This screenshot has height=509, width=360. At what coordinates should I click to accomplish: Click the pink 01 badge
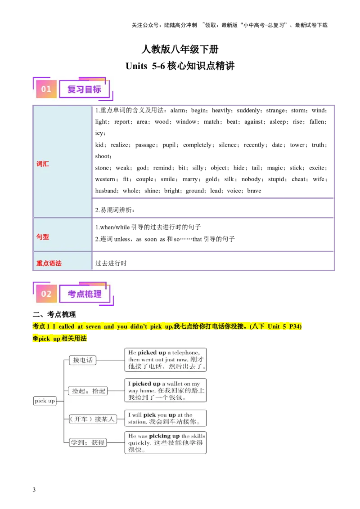tap(46, 89)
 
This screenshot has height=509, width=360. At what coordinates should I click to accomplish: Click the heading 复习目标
tap(84, 89)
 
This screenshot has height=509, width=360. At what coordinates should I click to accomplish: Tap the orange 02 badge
tap(46, 294)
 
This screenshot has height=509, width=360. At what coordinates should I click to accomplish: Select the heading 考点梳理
tap(84, 294)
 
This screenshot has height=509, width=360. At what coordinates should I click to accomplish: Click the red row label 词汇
tap(43, 164)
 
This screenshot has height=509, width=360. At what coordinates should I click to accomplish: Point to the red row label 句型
tap(43, 237)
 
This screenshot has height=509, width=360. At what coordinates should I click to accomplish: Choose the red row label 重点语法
tap(49, 263)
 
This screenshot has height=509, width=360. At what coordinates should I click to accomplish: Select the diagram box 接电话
tap(82, 360)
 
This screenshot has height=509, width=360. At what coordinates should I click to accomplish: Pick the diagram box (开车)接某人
tap(92, 419)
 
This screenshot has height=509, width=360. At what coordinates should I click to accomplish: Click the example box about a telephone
tap(166, 360)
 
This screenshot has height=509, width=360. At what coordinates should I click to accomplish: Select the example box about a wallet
tap(166, 390)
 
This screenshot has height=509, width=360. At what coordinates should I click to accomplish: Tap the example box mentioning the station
tap(166, 418)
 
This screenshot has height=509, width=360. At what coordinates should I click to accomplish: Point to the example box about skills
tap(166, 443)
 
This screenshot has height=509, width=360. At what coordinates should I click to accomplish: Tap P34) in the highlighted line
tap(295, 326)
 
